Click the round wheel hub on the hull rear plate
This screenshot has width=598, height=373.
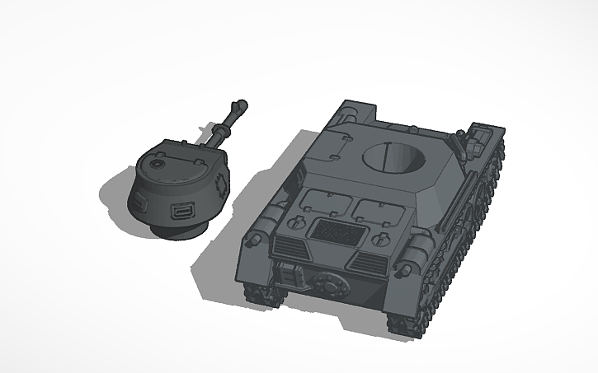point(329,284)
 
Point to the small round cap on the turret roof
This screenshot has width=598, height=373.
point(154,165)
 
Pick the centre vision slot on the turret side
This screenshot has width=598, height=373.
point(181,214)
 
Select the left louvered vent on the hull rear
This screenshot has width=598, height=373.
point(287,244)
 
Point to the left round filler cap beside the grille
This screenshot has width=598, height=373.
point(296,222)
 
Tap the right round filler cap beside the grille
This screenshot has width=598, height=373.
point(381,240)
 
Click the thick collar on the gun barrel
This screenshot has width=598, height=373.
point(222,131)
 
